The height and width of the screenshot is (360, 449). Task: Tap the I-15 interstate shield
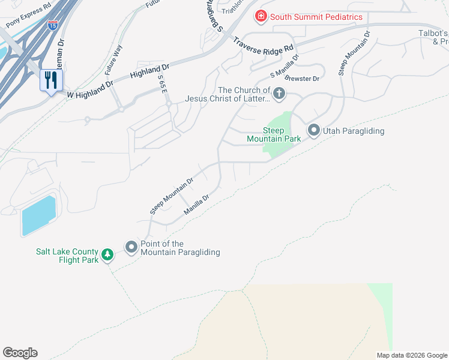pos(53,25)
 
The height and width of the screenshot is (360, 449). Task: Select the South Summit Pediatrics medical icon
pos(261,16)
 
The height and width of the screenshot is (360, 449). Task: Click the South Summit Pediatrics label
pos(316,17)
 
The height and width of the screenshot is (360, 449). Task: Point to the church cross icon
pos(279,94)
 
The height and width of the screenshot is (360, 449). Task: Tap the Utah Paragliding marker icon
pos(313,130)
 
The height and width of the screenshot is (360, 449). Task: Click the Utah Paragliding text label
pos(354,131)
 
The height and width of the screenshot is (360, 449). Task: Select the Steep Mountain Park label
pos(274,134)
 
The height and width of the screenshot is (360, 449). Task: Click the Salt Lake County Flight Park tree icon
pos(107,255)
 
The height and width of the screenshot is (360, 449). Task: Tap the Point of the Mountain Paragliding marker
pos(131,247)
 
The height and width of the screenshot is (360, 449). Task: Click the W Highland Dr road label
pos(90,91)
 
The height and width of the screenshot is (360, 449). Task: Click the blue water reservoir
pos(38,215)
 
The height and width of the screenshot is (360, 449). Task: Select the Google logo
pos(20,353)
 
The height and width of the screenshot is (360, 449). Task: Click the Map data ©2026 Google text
pos(411,355)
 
